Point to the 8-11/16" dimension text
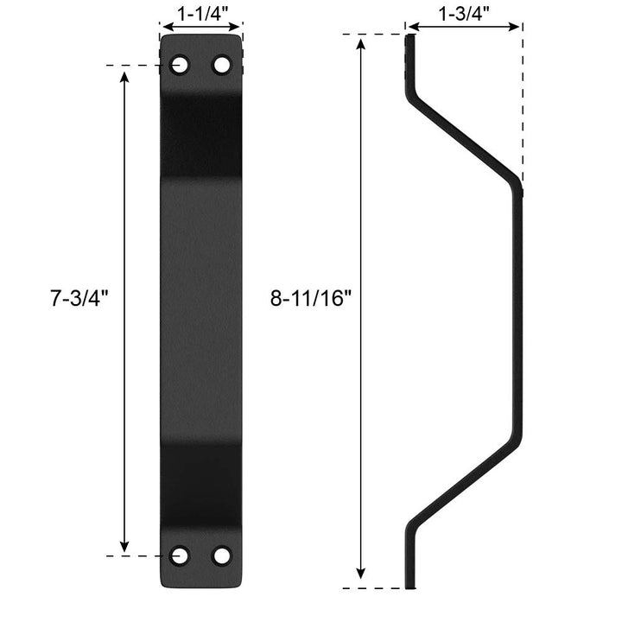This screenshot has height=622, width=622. point(311,299)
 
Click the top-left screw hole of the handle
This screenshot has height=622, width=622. point(181,65)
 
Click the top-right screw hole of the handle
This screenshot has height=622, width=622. point(222,65)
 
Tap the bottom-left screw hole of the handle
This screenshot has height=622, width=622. point(181,555)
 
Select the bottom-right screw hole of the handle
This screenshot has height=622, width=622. point(222,555)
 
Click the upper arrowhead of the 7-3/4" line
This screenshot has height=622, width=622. point(125,76)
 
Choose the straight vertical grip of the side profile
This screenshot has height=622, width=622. point(519,311)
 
